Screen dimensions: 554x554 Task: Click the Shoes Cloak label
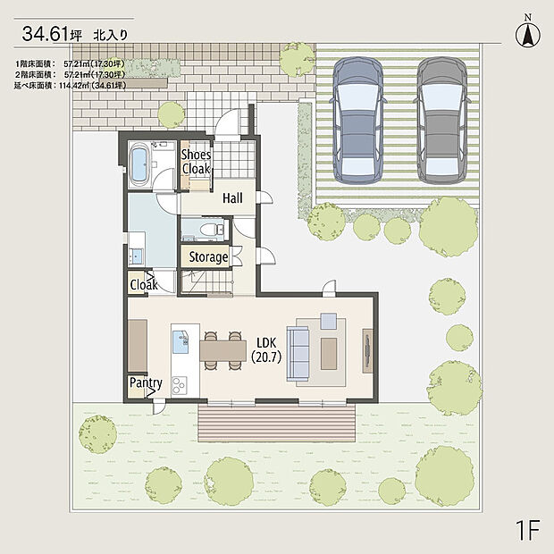[x=196, y=162]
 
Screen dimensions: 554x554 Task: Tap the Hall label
[x=232, y=197]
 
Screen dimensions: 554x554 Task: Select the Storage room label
[x=208, y=256]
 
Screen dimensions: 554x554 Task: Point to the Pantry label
[x=146, y=382]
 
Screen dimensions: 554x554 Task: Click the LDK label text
[x=266, y=349]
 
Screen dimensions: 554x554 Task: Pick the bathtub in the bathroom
[x=138, y=165]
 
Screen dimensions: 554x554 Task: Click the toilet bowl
[x=211, y=230]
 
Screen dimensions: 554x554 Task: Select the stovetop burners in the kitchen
[x=179, y=386]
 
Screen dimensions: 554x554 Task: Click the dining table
[x=223, y=350]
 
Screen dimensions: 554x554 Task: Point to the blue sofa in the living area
[x=298, y=353]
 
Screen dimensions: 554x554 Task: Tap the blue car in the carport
[x=358, y=121]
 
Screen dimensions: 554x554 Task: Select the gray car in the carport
[x=442, y=121]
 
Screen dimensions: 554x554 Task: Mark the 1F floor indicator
[x=528, y=530]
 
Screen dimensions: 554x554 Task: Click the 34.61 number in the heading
[x=45, y=34]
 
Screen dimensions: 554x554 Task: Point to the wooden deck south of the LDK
[x=277, y=423]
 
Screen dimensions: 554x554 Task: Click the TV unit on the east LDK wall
[x=367, y=351]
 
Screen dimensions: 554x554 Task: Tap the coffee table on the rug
[x=329, y=354]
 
